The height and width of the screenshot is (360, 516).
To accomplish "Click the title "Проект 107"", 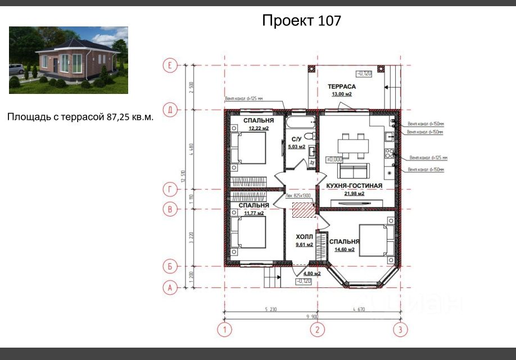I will tap(301, 21).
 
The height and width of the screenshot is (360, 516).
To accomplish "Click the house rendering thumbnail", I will tap(68, 60).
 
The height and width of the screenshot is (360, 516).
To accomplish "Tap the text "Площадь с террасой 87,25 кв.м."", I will tap(80, 117).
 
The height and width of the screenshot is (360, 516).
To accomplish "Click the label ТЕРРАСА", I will tap(342, 87).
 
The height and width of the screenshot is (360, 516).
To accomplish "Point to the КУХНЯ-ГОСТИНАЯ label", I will tap(350, 185).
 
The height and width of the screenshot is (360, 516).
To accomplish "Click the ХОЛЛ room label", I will tap(304, 237).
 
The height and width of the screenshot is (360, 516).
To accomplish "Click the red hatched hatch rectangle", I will tap(304, 210).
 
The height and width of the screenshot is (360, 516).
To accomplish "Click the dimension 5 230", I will tap(270, 308).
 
